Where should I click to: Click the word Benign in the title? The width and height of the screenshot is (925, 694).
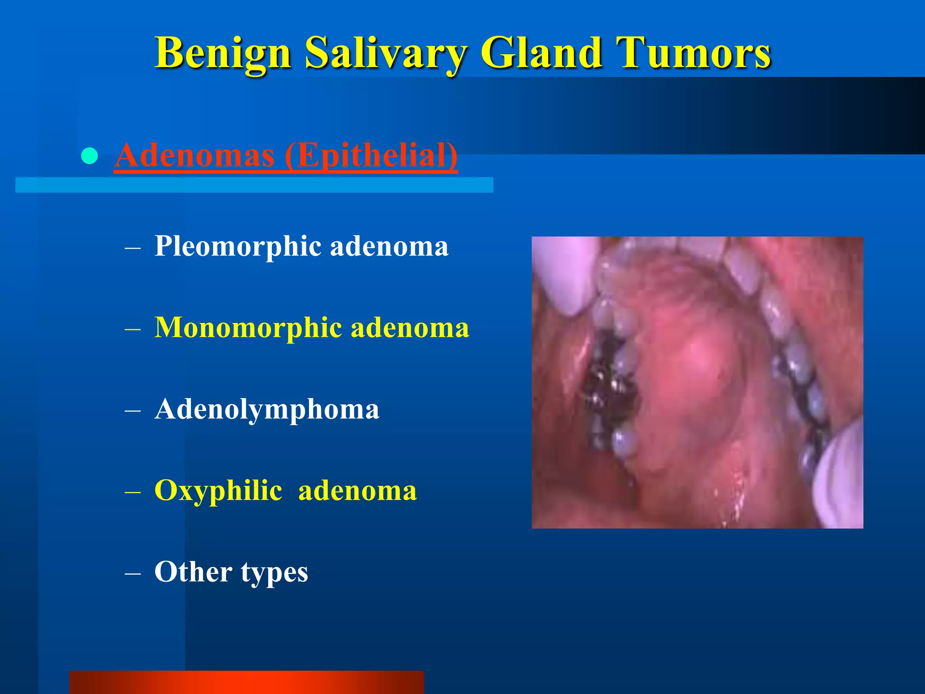(222, 54)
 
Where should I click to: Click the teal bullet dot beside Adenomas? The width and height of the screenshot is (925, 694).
(89, 156)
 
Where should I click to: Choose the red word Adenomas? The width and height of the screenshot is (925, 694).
(195, 155)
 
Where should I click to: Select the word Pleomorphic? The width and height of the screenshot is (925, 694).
(238, 247)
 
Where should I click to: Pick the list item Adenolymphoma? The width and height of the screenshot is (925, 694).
(266, 409)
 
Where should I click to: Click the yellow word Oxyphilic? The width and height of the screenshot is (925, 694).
(218, 491)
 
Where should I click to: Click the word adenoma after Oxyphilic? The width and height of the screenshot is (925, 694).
(357, 491)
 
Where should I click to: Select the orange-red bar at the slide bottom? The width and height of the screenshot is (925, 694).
(246, 682)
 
